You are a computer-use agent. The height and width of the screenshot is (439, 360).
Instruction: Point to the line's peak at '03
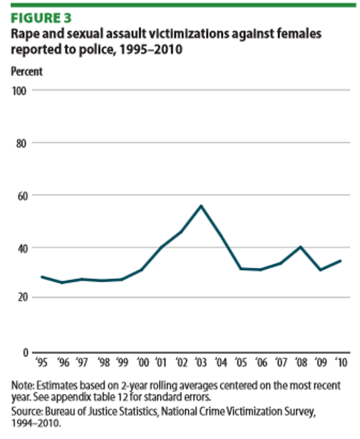tap(201, 206)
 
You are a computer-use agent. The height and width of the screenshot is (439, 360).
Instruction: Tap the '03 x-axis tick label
tap(201, 362)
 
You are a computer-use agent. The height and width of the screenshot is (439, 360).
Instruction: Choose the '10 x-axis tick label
tap(340, 362)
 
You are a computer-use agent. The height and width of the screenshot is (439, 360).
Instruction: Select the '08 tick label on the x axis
tap(301, 362)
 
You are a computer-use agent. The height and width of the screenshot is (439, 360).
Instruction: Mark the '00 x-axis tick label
tap(142, 362)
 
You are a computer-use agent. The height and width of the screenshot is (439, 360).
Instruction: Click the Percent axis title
tap(27, 72)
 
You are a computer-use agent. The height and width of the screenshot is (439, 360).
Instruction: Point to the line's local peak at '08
tap(301, 247)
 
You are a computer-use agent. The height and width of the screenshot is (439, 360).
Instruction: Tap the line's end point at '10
tap(340, 260)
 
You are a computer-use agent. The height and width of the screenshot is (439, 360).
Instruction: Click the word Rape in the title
tap(24, 34)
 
